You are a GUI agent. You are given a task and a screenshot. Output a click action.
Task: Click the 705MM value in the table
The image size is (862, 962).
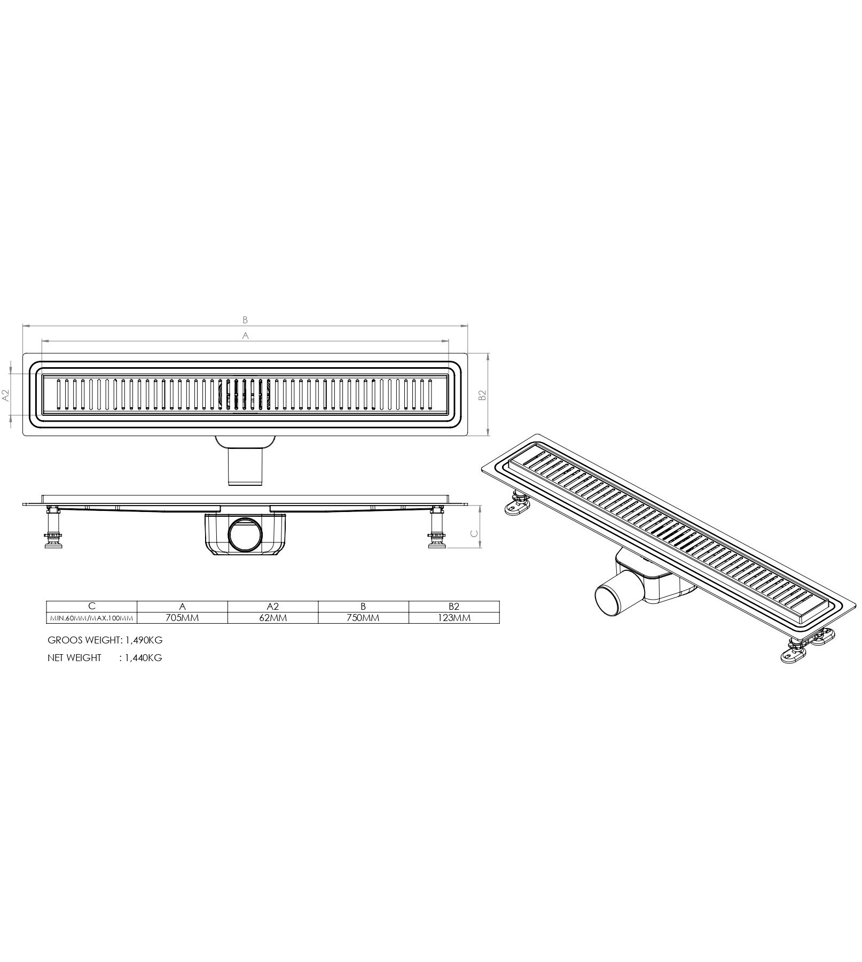coord(182,617)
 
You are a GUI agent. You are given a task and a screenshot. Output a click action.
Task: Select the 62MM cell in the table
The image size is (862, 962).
coord(272,617)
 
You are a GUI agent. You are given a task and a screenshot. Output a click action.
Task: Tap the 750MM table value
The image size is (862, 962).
coord(363,617)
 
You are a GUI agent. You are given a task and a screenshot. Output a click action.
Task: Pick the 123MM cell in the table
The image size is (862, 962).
coord(453,617)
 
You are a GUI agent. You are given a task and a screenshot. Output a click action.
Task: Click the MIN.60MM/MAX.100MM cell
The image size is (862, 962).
coord(92,618)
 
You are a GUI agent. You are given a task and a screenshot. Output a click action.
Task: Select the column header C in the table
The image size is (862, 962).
coord(92,606)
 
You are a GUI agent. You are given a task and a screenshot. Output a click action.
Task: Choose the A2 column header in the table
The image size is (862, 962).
coord(273,606)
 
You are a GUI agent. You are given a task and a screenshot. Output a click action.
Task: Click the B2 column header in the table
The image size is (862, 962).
coord(454,606)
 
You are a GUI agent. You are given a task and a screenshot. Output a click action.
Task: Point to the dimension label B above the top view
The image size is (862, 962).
coord(245,320)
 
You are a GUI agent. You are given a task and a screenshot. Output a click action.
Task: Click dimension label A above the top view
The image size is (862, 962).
coord(246,335)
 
